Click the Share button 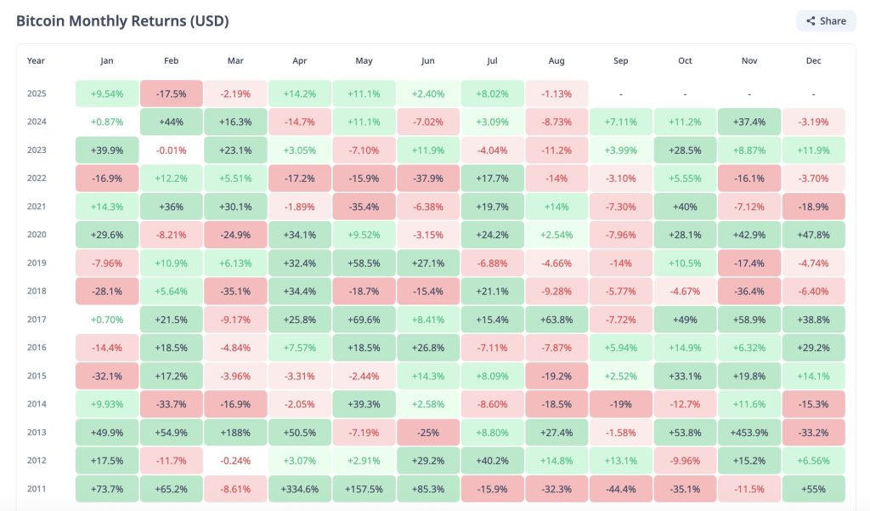[x=826, y=21]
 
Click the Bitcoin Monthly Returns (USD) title [x=122, y=20]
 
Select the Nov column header [x=749, y=61]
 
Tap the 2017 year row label [x=36, y=320]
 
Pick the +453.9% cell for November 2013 [x=749, y=433]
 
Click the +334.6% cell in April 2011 [x=299, y=489]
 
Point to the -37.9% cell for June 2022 [x=428, y=179]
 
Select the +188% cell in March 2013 [x=235, y=433]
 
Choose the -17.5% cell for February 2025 [x=171, y=94]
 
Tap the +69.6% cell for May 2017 [x=364, y=320]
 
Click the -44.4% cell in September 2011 [x=620, y=489]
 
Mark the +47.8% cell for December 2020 [x=813, y=235]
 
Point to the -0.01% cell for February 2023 [x=171, y=150]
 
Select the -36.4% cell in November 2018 [x=749, y=292]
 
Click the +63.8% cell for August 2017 [x=556, y=320]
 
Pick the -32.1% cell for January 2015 [x=106, y=376]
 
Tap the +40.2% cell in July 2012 [x=492, y=461]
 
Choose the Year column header [x=36, y=61]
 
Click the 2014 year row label [x=36, y=405]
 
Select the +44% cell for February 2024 [x=171, y=122]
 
